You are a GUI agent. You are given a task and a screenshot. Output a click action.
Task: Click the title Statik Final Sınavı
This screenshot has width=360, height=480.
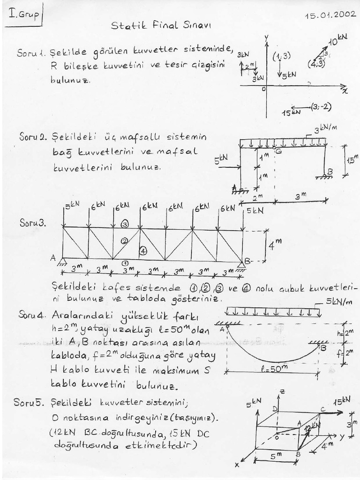161,26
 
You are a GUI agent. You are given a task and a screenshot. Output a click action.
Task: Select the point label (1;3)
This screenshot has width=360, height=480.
281,56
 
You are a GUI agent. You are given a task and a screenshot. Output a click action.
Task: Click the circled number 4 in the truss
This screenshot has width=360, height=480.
143,250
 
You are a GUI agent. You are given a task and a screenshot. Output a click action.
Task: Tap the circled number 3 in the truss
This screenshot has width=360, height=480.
125,224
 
